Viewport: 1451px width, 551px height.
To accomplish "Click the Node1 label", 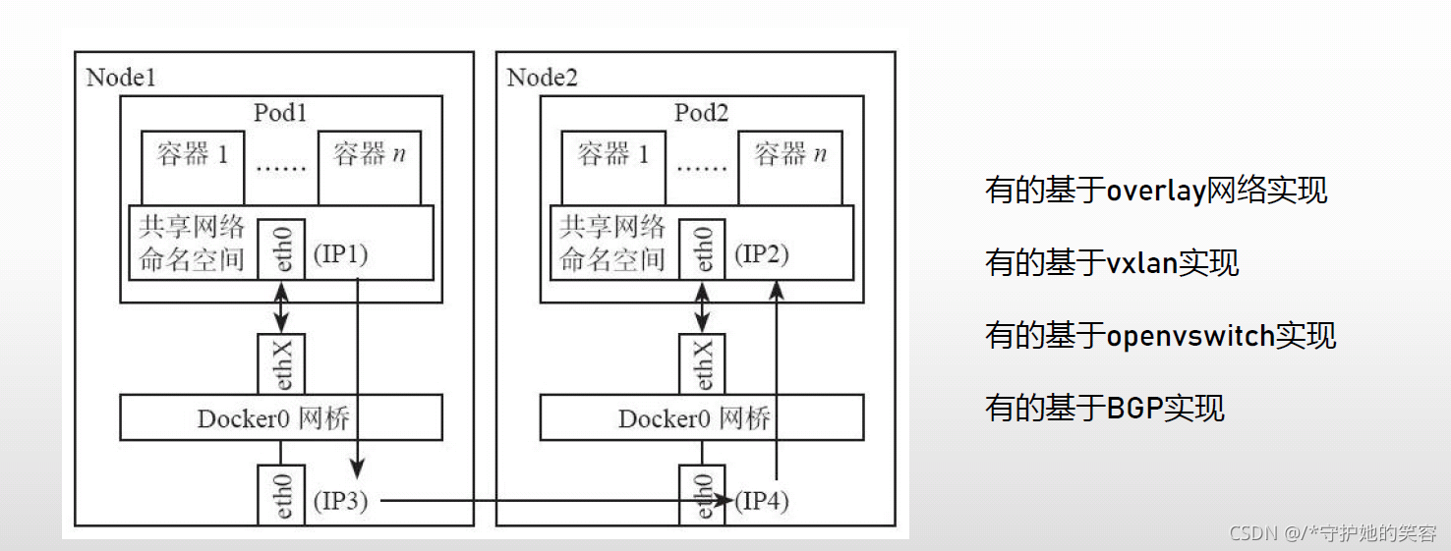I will coord(121,78).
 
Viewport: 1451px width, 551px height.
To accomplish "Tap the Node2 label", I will coord(542,78).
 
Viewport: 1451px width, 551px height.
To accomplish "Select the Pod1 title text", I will coord(280,113).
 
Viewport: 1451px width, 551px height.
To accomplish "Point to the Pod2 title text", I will coord(701,113).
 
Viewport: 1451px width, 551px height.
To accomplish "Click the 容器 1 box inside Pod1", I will coord(193,167).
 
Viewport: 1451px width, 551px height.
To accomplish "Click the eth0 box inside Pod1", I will coord(281,248).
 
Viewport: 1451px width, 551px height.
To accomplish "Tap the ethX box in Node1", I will coord(281,364).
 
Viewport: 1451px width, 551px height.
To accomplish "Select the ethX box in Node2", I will coord(702,364).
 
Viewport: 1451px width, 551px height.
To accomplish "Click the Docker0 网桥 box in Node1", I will coord(281,418).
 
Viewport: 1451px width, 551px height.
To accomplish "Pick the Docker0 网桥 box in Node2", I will coord(702,418).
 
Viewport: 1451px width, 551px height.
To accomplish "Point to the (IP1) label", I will coord(340,254).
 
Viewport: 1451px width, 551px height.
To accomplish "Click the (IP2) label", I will coord(761,254).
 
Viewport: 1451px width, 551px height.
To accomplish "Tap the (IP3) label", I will coord(340,501).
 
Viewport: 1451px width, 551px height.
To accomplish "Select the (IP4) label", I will coord(762,501).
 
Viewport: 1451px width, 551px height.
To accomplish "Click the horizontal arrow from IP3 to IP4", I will coord(551,501).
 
